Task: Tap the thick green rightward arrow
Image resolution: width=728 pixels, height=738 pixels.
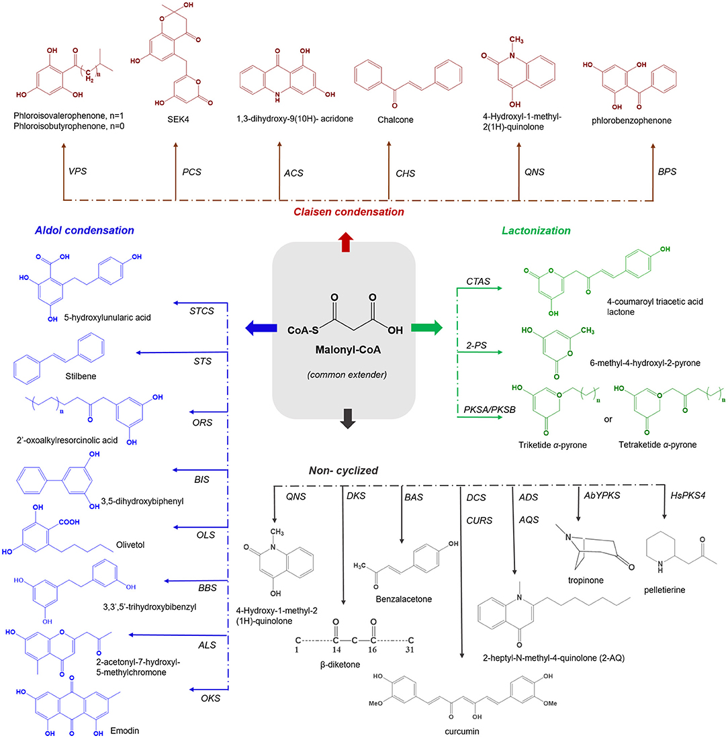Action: [427, 328]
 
